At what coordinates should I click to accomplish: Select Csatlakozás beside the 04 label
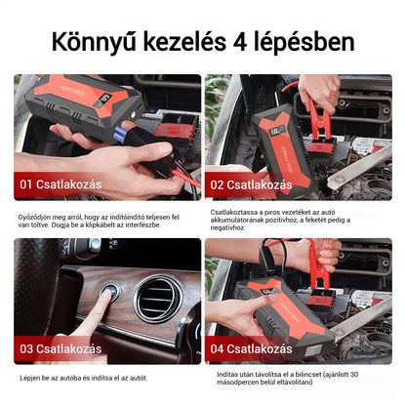click(267, 348)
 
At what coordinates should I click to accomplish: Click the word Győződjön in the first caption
click(39, 216)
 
